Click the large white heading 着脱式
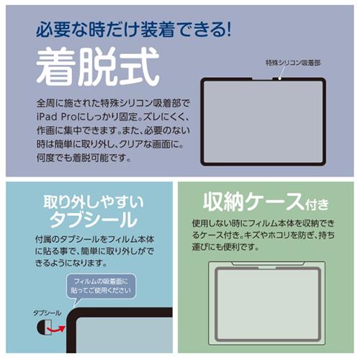click(98, 66)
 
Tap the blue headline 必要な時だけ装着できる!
click(133, 30)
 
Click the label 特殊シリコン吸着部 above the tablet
click(293, 63)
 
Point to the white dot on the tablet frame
click(280, 78)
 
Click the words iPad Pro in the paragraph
click(57, 117)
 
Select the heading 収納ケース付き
click(266, 202)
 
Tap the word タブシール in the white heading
click(94, 220)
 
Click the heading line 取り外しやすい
click(94, 202)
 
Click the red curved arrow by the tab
click(56, 329)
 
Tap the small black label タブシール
click(48, 313)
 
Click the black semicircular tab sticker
click(42, 328)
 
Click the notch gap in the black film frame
click(262, 78)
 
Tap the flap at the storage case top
click(267, 264)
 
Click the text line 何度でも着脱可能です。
click(84, 158)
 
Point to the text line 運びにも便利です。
click(225, 246)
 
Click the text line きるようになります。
click(71, 263)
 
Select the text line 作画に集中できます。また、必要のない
click(113, 130)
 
